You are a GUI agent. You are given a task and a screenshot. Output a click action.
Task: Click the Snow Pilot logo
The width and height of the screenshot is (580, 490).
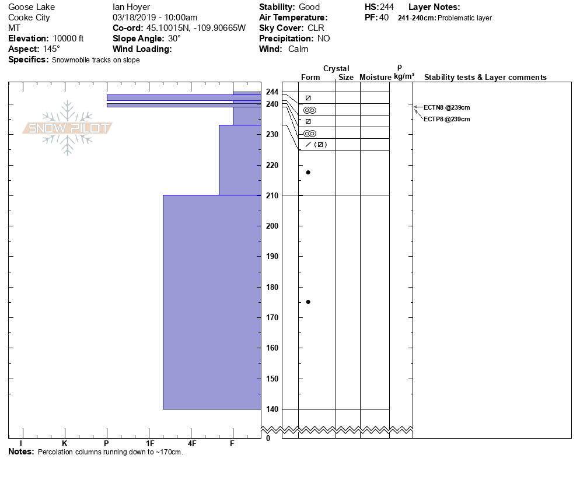click(x=68, y=128)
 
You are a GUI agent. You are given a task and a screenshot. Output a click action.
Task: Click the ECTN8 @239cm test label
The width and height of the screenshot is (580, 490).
click(x=446, y=107)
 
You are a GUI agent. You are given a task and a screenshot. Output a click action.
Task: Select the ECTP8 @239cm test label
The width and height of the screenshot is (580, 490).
click(x=446, y=119)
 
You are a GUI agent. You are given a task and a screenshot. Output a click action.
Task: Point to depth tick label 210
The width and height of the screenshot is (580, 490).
click(x=272, y=195)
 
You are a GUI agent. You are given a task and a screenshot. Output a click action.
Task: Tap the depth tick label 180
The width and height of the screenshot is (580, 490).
click(x=272, y=287)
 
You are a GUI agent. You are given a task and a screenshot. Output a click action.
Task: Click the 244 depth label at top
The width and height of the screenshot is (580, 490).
click(x=272, y=92)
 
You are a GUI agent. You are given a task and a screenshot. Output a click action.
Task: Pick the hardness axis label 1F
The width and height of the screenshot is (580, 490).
click(x=150, y=444)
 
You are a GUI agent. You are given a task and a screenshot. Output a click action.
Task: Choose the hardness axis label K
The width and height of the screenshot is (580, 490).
click(x=64, y=444)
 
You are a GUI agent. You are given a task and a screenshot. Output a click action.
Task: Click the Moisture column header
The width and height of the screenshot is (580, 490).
click(x=375, y=78)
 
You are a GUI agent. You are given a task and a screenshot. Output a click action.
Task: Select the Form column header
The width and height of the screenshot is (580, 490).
click(x=310, y=78)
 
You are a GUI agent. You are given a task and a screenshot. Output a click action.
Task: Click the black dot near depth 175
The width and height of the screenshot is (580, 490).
click(x=308, y=302)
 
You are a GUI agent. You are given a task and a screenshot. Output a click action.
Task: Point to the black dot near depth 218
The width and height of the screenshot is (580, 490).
click(x=308, y=172)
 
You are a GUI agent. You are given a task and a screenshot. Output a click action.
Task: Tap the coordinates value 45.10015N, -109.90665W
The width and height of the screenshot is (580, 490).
click(x=196, y=28)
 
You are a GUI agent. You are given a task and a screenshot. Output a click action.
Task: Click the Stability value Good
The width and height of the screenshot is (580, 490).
click(x=309, y=7)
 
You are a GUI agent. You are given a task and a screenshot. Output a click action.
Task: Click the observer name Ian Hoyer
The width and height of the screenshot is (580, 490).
click(x=131, y=7)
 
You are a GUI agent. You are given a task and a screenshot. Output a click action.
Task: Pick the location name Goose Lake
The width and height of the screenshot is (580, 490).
click(x=32, y=7)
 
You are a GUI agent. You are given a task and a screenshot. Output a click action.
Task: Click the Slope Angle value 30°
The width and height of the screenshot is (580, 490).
click(x=173, y=38)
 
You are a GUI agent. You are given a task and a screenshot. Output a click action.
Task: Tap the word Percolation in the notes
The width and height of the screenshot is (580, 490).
click(x=56, y=452)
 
